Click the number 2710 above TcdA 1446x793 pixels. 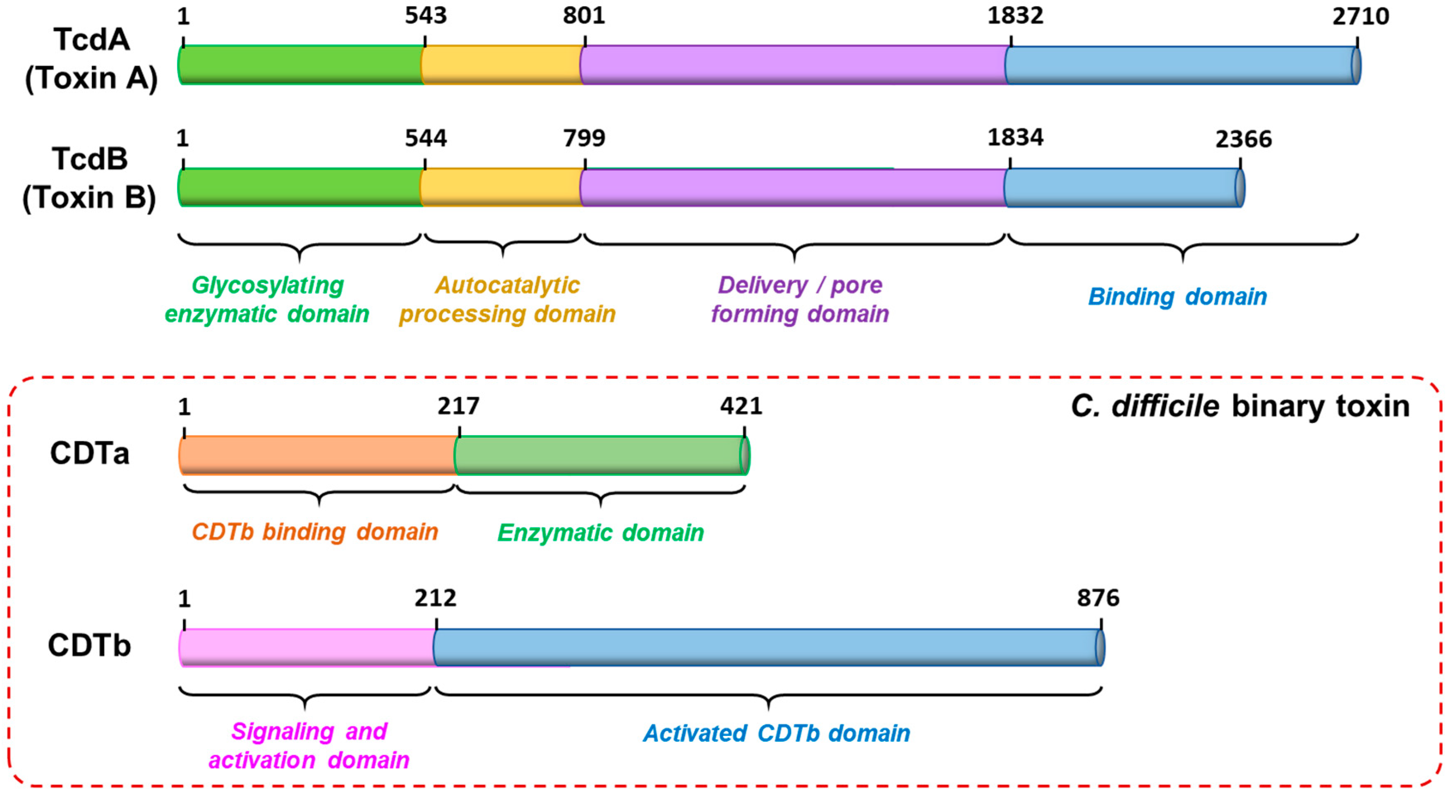point(1360,16)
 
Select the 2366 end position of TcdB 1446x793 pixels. point(1243,139)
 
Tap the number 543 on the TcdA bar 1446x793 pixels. point(425,16)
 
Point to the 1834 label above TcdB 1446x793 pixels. point(1015,137)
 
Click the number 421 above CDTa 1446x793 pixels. point(741,406)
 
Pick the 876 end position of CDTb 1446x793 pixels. point(1097,598)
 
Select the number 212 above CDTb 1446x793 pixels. point(436,598)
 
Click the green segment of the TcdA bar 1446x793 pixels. point(300,65)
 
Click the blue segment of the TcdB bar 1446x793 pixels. point(1123,187)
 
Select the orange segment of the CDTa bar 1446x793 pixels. point(317,455)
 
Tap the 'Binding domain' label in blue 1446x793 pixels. point(1177,296)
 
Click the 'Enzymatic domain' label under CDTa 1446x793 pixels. point(601,532)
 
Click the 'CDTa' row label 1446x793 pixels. point(90,453)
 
